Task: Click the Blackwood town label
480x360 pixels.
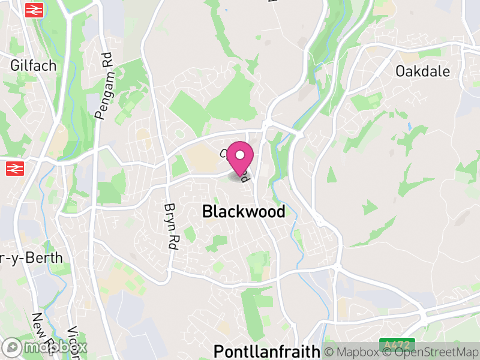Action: coord(244,212)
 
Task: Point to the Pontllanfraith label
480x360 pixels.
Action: coord(267,351)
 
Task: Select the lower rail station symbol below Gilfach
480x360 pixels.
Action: coord(14,169)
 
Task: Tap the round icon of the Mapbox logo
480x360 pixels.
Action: coord(13,347)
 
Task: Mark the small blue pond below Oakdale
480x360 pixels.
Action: coord(410,127)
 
